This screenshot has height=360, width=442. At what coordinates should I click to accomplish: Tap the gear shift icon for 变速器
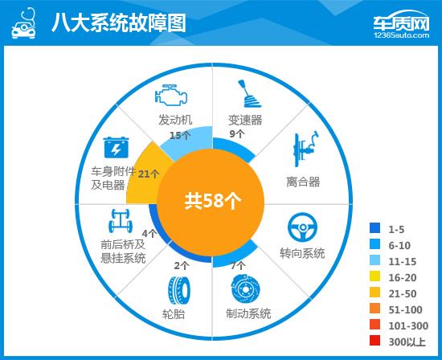pyautogui.click(x=245, y=94)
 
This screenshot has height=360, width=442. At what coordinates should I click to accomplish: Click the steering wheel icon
pyautogui.click(x=302, y=227)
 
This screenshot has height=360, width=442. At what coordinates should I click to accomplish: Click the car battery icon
pyautogui.click(x=117, y=148)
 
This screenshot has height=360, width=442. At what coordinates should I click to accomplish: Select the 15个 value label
pyautogui.click(x=180, y=135)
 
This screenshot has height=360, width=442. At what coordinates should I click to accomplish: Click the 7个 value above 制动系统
pyautogui.click(x=238, y=265)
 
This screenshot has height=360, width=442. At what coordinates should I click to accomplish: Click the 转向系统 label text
pyautogui.click(x=302, y=253)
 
